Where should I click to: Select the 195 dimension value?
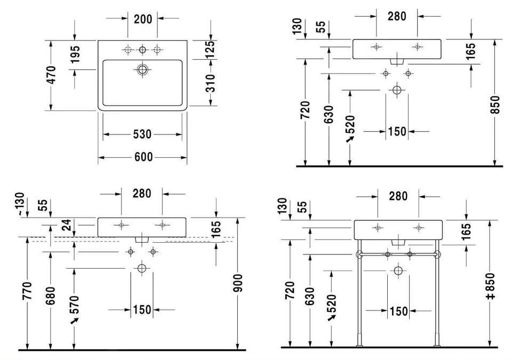tap(75, 56)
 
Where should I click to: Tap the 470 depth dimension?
tap(51, 76)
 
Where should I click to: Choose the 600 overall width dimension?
tap(142, 157)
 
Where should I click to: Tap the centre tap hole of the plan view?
tap(142, 50)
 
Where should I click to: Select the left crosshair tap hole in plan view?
tap(127, 50)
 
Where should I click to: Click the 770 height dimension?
tap(28, 291)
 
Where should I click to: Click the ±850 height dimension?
tap(490, 286)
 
